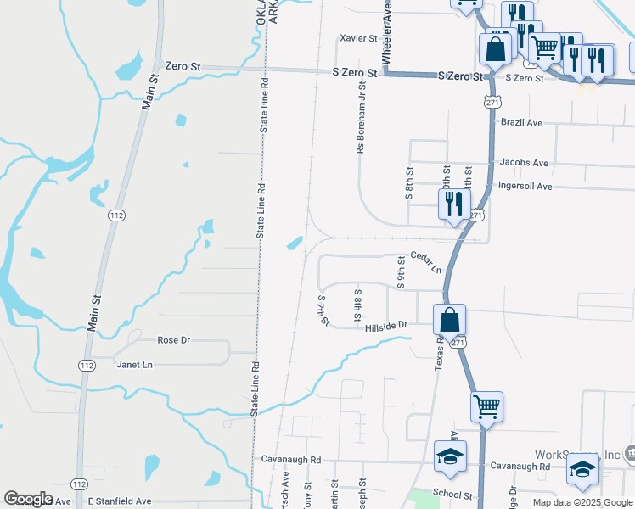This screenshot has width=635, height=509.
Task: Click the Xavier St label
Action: pos(357,38)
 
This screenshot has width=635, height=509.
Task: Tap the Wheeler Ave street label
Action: pos(386,34)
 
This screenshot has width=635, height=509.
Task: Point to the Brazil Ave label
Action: pos(521,122)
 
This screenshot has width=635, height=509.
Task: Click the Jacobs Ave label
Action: pos(524,162)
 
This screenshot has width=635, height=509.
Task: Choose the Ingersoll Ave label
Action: pos(525,186)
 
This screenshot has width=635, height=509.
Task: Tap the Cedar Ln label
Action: pos(426,262)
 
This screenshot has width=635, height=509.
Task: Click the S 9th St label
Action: pos(400,273)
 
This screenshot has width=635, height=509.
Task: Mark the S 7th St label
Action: pos(323,310)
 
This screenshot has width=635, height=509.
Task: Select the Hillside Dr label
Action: pos(386,325)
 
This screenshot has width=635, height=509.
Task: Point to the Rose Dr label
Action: pos(173,340)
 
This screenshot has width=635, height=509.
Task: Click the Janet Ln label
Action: pos(133,364)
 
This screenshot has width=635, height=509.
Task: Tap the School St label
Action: pos(451,493)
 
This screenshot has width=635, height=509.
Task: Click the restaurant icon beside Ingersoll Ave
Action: pos(453,204)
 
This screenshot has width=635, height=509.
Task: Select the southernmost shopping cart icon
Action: pos(486,406)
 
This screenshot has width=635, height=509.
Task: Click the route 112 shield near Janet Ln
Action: pos(87,365)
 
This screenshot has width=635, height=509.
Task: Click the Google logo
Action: pos(28,499)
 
